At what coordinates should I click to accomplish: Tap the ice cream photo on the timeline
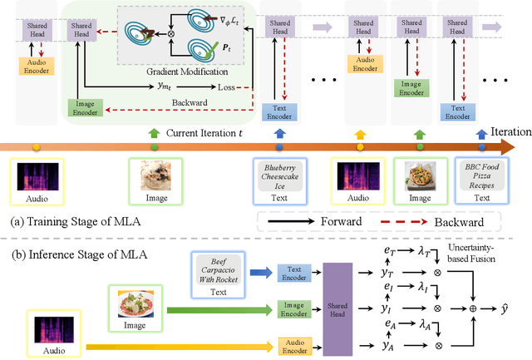155,177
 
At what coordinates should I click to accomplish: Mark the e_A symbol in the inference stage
387,325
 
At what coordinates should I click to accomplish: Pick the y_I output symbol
387,307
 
